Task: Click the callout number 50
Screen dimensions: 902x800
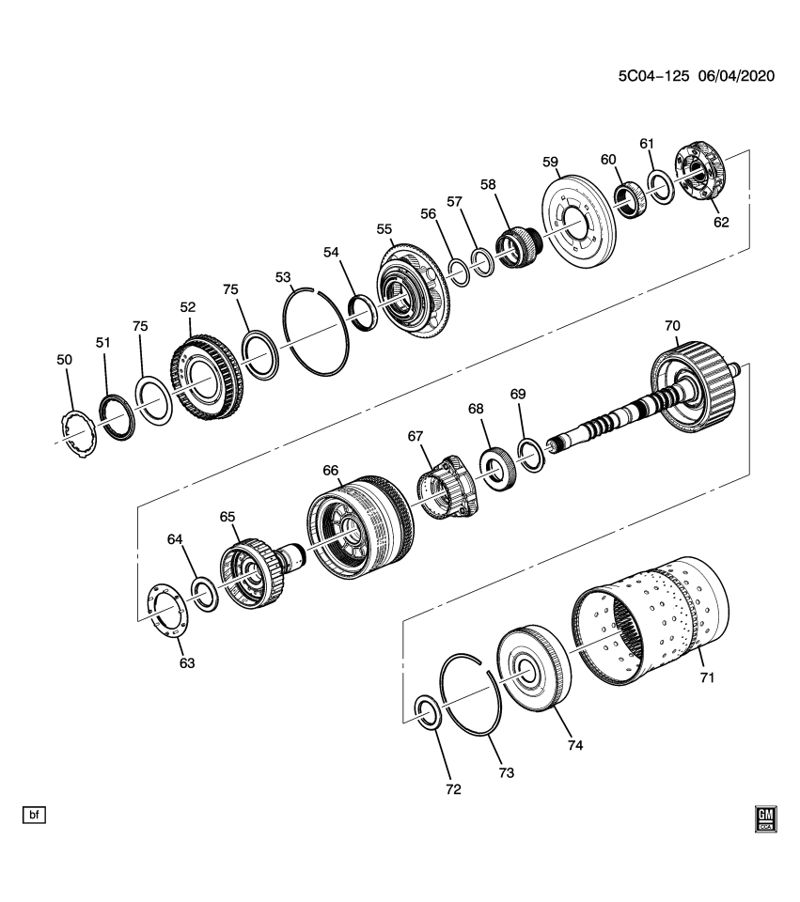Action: pos(64,360)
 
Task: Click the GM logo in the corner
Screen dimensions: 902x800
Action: pos(766,819)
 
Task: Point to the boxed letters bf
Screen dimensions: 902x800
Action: pos(34,814)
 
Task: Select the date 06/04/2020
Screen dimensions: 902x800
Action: pos(735,76)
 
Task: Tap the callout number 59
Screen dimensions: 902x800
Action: pos(550,161)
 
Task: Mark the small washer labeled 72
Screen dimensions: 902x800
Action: pos(428,711)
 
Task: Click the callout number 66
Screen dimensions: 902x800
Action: pos(330,469)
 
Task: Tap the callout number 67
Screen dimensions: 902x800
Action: pos(415,436)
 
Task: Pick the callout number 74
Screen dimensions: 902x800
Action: pos(574,745)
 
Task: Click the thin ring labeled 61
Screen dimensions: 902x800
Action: pos(660,186)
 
